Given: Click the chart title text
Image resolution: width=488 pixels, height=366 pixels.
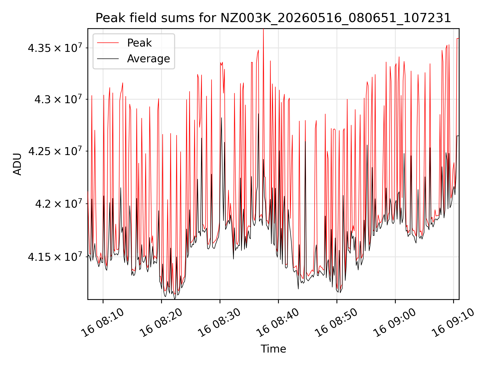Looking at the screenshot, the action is pyautogui.click(x=273, y=18).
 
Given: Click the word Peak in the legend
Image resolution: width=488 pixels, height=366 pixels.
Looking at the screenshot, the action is pyautogui.click(x=139, y=43).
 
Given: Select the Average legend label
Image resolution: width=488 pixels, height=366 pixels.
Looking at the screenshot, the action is pyautogui.click(x=148, y=59).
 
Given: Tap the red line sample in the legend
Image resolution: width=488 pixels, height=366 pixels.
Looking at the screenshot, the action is pyautogui.click(x=108, y=43).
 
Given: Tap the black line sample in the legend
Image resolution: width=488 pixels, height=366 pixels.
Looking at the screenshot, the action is pyautogui.click(x=108, y=59).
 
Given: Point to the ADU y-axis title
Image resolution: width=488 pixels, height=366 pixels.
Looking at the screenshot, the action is pyautogui.click(x=17, y=164).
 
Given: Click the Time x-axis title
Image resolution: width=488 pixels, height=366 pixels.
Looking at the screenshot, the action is pyautogui.click(x=273, y=349).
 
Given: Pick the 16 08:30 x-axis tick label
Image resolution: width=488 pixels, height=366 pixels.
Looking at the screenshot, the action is pyautogui.click(x=220, y=323).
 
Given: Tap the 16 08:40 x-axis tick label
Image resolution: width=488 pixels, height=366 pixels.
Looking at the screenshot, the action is pyautogui.click(x=278, y=323).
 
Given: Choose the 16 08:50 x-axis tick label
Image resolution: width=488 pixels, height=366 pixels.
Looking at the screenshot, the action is pyautogui.click(x=337, y=323).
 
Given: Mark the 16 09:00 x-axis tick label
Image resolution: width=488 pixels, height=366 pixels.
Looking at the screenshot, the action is pyautogui.click(x=395, y=323).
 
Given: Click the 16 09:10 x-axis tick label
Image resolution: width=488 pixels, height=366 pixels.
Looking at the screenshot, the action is pyautogui.click(x=454, y=323).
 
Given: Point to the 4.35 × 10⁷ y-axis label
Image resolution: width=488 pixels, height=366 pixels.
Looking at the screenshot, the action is pyautogui.click(x=55, y=48).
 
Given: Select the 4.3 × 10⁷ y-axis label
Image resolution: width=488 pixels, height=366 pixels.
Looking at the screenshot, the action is pyautogui.click(x=58, y=99).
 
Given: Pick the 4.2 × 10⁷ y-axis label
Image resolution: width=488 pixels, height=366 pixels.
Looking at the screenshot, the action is pyautogui.click(x=58, y=203).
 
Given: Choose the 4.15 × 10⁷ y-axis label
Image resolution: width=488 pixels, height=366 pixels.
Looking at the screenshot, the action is pyautogui.click(x=55, y=256).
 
